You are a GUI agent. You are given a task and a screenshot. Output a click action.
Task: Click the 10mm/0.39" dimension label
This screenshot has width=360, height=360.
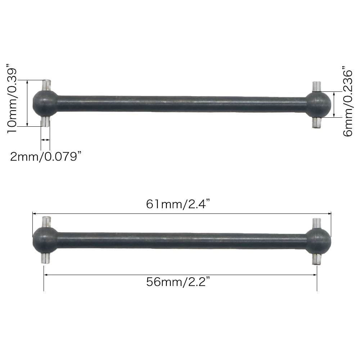[11, 99]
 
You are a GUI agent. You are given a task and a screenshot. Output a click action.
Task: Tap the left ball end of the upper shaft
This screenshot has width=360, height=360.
[45, 103]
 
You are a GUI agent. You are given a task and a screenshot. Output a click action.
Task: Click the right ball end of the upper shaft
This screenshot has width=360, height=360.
[318, 104]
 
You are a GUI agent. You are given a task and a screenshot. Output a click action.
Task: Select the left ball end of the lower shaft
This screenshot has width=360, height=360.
[45, 239]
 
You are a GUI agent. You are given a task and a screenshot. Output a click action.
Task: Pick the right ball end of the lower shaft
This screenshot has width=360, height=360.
[318, 240]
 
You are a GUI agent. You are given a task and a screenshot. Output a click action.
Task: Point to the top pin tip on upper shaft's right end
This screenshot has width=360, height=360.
[316, 86]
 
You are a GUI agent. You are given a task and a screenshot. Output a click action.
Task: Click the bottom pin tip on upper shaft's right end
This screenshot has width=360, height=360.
[316, 123]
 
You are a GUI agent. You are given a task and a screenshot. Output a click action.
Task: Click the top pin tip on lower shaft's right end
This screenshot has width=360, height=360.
[316, 222]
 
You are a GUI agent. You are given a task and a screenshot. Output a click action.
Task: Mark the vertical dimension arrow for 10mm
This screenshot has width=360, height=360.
[27, 103]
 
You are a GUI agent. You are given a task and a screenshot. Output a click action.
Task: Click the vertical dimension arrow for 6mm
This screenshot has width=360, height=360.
[334, 104]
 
